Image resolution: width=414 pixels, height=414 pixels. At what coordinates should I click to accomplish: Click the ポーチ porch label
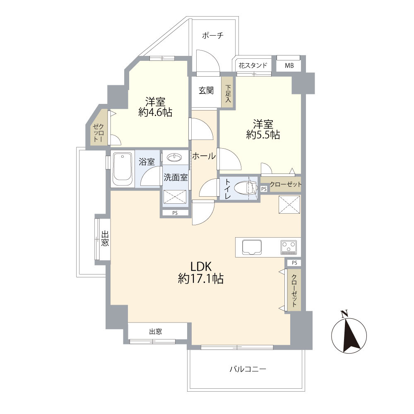coord(212,35)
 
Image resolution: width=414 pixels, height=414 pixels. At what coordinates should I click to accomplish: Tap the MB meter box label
coord(289,65)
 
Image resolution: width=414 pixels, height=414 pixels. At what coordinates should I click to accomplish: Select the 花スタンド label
coord(253,65)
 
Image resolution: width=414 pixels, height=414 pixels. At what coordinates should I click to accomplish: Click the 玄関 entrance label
coord(206,91)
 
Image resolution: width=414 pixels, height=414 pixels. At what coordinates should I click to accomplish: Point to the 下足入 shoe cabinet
coord(228,92)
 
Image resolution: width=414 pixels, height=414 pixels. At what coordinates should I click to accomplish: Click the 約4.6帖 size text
coord(155,113)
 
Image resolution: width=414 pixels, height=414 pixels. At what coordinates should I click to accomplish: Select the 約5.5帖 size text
coord(263,135)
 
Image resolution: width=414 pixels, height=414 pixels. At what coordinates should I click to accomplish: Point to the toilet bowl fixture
coord(245,188)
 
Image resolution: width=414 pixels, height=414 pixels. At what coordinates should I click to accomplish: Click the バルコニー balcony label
coord(248,369)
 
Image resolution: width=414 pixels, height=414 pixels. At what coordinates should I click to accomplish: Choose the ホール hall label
coord(204,156)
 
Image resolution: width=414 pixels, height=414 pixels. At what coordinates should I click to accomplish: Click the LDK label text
coord(201,267)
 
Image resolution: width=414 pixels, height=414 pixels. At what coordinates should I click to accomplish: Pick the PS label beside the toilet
coord(264,189)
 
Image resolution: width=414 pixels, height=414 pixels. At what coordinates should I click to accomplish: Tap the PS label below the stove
coord(294,263)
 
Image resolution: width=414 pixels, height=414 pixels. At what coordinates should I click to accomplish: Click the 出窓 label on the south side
coord(156,331)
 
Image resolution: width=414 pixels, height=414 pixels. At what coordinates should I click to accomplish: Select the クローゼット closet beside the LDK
coord(294,290)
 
